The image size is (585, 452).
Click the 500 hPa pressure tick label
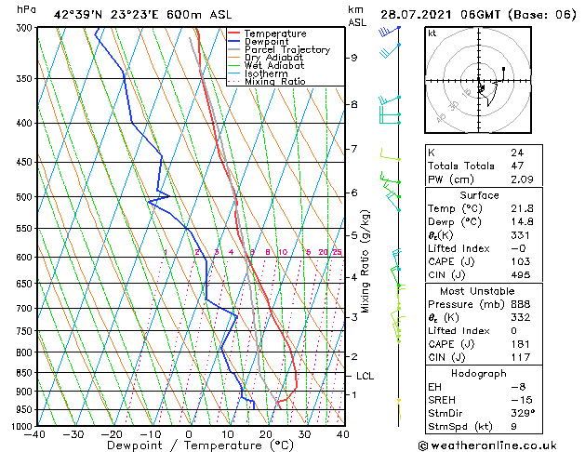pos(22,197)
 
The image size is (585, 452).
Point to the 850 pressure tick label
pos(22,373)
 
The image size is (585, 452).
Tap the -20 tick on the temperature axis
pos(112,433)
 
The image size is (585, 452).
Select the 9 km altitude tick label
pos(354,58)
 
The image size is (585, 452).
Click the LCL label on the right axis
pos(366,376)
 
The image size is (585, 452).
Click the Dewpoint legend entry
pos(266,42)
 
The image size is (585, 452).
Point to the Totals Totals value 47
pos(518,165)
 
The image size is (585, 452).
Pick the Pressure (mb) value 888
pos(521,303)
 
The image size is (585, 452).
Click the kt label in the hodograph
pos(432,33)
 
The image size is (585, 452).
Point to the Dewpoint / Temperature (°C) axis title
pos(190,445)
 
